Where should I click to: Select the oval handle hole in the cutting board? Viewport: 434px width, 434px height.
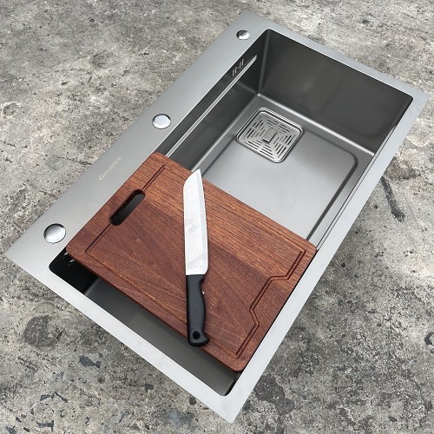128,209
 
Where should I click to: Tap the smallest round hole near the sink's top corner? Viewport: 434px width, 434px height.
243,35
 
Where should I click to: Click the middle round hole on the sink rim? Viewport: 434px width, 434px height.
162,121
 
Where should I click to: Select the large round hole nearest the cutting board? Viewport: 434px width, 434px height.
54,232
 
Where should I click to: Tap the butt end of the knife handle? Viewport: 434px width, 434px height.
199,340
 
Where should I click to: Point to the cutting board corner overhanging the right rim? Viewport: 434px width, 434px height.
314,252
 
